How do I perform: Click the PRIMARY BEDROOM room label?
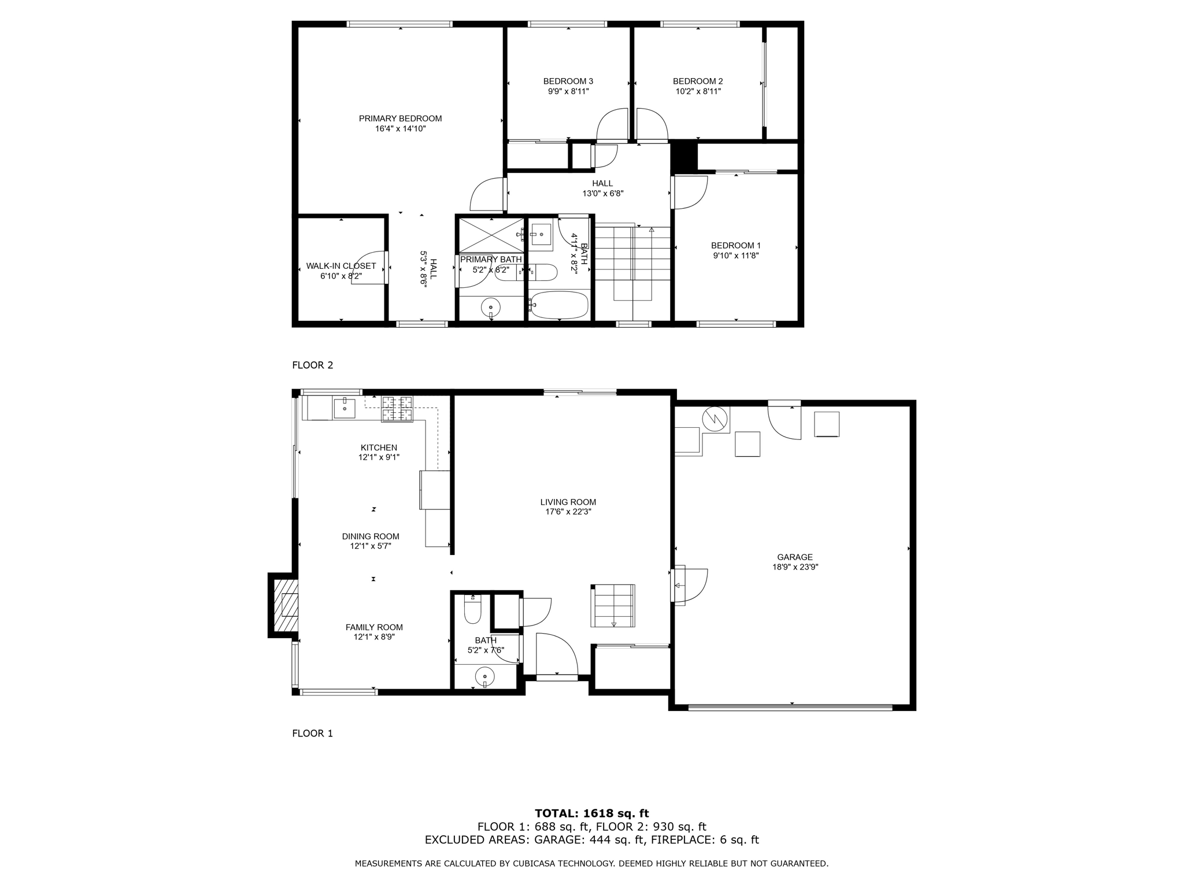coord(400,119)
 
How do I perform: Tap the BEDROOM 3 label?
coord(568,82)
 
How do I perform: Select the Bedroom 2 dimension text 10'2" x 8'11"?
coord(698,91)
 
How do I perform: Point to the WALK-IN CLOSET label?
coord(341,266)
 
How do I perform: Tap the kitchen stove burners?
coord(397,408)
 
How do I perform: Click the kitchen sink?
coord(345,407)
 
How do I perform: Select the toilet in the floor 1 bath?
coord(472,612)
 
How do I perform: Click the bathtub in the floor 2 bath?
coord(559,305)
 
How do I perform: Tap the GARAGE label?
coord(795,557)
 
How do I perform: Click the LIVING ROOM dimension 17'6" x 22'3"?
coord(568,512)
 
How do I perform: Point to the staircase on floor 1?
coord(613,605)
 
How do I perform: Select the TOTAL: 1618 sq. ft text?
coord(591,813)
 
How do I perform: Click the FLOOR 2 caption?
coord(312,365)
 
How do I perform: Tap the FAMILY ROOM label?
coord(374,627)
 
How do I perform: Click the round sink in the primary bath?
coord(491,308)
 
